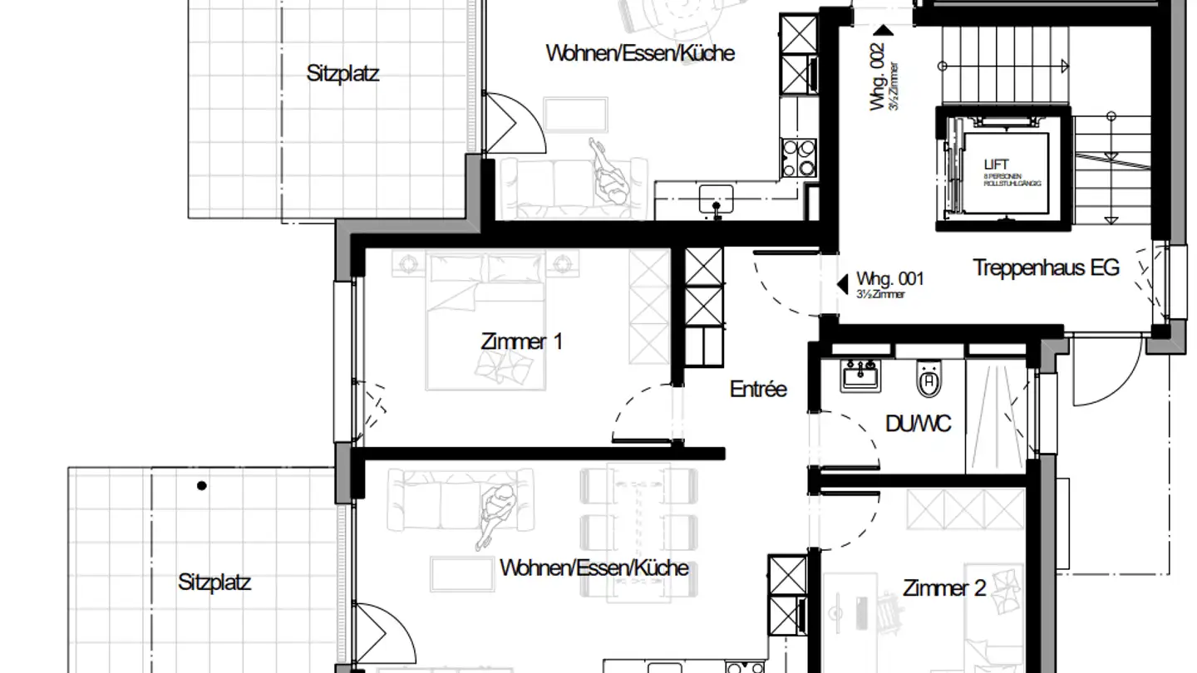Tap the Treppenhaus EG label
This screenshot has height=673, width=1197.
(x=1046, y=268)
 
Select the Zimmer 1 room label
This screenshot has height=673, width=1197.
(x=521, y=341)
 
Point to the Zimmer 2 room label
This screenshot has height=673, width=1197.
(x=944, y=589)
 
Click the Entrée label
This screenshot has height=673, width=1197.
(x=758, y=389)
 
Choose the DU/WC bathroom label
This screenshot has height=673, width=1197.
(x=918, y=424)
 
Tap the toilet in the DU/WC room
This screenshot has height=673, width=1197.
(x=929, y=380)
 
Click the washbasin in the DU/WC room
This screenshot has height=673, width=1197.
(x=860, y=376)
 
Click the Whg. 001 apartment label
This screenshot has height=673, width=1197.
(x=890, y=280)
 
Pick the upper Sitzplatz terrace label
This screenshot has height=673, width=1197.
(x=342, y=74)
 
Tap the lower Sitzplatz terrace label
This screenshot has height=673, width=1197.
(x=214, y=582)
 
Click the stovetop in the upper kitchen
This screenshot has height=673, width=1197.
(x=798, y=157)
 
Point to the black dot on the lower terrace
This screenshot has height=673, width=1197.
(x=201, y=486)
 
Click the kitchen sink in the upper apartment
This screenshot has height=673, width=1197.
(x=715, y=199)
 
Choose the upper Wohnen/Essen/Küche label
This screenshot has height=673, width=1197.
(x=640, y=53)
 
